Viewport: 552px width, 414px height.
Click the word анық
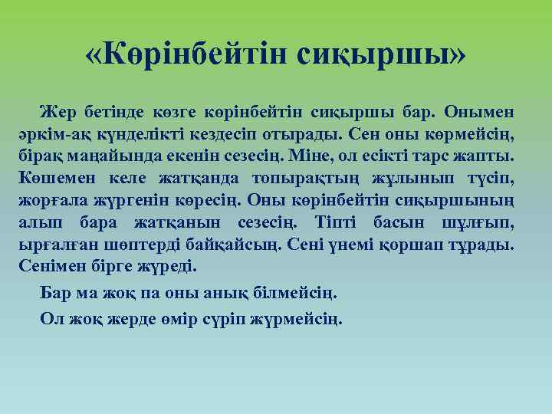tap(223, 294)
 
